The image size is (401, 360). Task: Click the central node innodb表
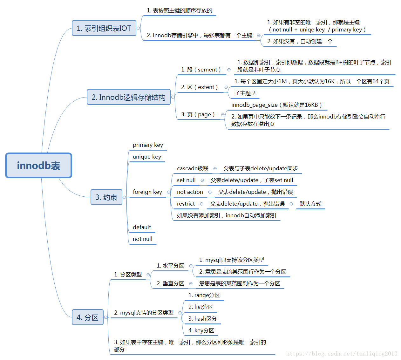coord(38,166)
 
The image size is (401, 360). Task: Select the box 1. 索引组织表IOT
coord(104,28)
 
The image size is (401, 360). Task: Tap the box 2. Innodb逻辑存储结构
coord(129,97)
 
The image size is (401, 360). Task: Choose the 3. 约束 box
coord(106,197)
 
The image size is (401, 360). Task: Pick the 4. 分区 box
coord(88,317)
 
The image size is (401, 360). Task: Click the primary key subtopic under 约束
coord(148,145)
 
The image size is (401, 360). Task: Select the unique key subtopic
coord(147,157)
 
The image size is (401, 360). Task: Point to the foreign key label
coord(147,192)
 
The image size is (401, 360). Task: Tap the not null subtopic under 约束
coord(142,239)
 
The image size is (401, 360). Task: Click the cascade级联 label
coord(193,168)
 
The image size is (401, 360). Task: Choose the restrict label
coord(186,204)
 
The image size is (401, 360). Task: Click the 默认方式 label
coord(310,204)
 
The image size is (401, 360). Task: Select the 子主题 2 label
coord(245,93)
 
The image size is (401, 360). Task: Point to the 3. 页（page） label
coord(198,114)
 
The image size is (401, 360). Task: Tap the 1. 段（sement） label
coord(201,70)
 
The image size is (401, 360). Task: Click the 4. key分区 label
coord(201,330)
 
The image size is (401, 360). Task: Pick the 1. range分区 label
coord(204,295)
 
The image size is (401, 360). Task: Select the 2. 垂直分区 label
coord(170,283)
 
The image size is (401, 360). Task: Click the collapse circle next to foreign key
coord(168,192)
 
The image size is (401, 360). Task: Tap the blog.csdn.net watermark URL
coord(342,353)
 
